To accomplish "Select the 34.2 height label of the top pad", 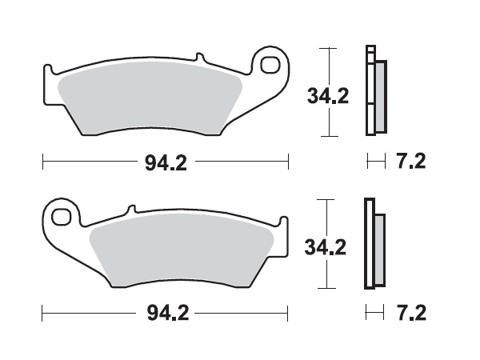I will (328, 96).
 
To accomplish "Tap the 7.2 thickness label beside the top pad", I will (411, 162).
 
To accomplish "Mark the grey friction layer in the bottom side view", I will (379, 248).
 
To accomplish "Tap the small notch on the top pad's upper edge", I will (195, 58).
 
